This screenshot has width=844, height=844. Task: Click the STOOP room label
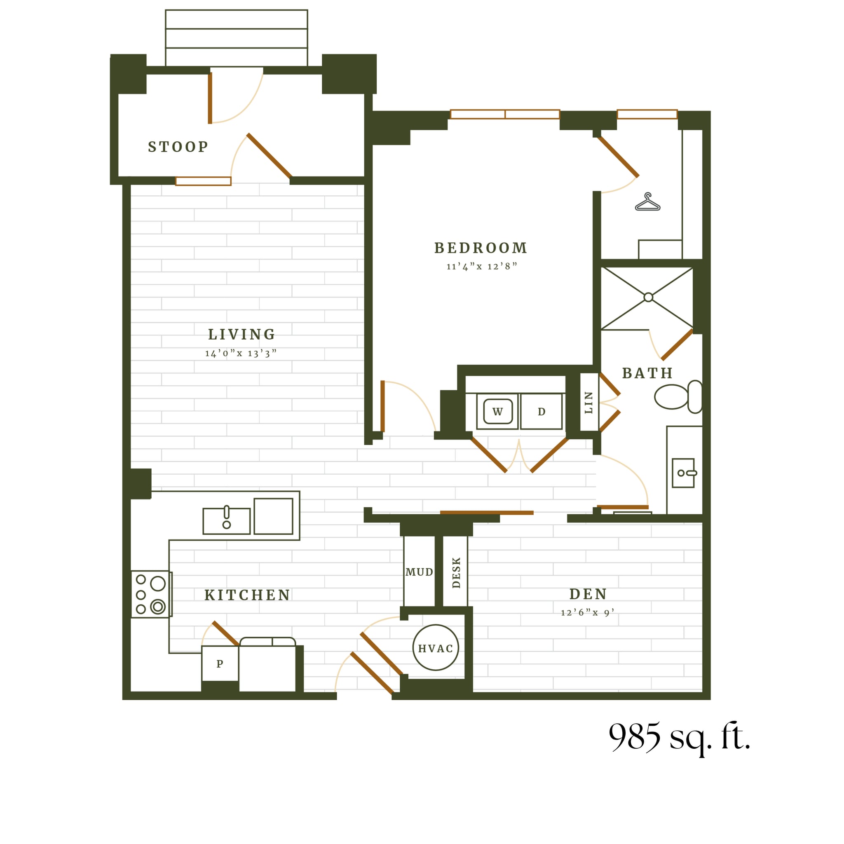[x=178, y=147]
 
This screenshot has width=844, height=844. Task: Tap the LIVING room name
[x=241, y=335]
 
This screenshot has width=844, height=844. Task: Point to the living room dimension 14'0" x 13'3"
[x=241, y=354]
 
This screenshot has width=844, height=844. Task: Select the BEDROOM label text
[x=481, y=248]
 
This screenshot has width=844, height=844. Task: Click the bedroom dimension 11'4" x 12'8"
[x=481, y=267]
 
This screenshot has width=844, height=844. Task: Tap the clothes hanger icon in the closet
[x=647, y=202]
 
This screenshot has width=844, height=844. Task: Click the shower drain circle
[x=648, y=298]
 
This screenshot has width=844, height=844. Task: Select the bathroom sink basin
[x=683, y=473]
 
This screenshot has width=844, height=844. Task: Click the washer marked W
[x=497, y=412]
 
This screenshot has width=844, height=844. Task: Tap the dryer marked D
[x=541, y=412]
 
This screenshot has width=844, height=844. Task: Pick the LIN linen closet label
[x=588, y=402]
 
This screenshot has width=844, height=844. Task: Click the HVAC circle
[x=436, y=648]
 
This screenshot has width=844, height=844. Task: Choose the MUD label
[x=419, y=572]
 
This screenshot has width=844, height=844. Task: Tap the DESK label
[x=456, y=573]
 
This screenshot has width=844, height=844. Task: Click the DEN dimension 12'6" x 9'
[x=588, y=613]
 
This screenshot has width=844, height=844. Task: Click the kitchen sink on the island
[x=226, y=521]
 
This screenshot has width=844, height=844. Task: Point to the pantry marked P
[x=220, y=663]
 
